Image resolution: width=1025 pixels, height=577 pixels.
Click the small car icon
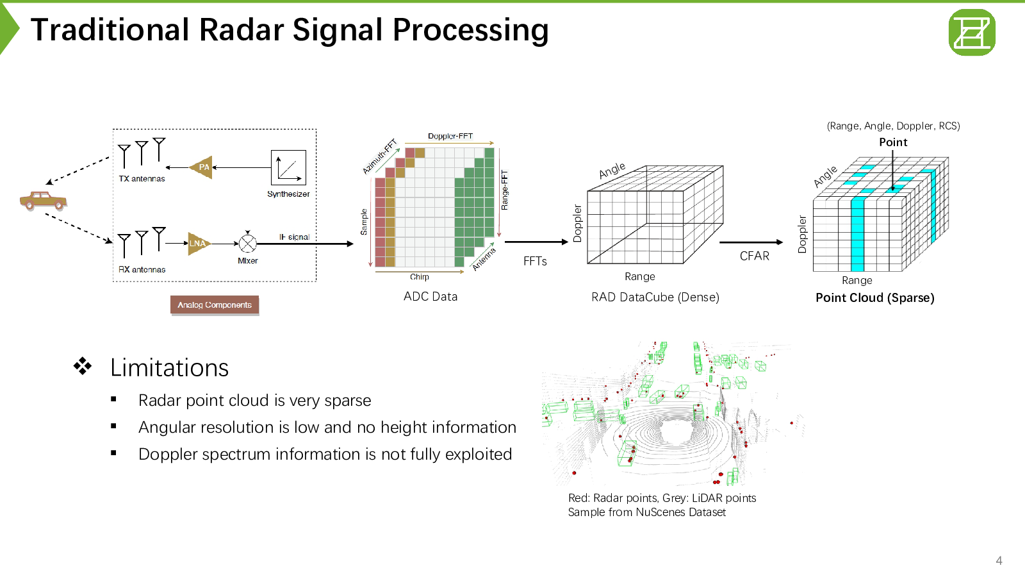pyautogui.click(x=43, y=201)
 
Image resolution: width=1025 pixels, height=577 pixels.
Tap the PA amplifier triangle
pyautogui.click(x=202, y=167)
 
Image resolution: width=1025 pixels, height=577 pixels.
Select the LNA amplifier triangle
pyautogui.click(x=198, y=243)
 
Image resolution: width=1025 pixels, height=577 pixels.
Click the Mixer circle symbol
pyautogui.click(x=247, y=244)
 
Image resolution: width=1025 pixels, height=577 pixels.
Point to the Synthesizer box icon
pyautogui.click(x=288, y=168)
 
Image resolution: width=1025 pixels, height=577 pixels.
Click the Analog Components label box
pyautogui.click(x=215, y=305)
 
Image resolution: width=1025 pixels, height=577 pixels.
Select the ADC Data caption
pyautogui.click(x=430, y=296)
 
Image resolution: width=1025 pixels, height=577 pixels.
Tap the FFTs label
pyautogui.click(x=535, y=261)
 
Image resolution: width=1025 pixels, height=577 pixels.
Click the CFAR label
pyautogui.click(x=754, y=256)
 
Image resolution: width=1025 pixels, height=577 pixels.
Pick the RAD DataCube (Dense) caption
pyautogui.click(x=655, y=297)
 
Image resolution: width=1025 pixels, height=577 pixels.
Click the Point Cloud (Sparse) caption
pyautogui.click(x=874, y=297)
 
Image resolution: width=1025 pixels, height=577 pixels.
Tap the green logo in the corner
pyautogui.click(x=972, y=32)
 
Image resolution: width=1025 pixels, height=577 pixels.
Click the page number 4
pyautogui.click(x=999, y=560)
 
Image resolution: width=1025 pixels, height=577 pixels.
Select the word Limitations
pyautogui.click(x=169, y=367)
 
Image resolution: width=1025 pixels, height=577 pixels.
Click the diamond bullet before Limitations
pyautogui.click(x=82, y=366)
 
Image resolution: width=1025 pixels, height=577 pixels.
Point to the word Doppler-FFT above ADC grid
pyautogui.click(x=450, y=136)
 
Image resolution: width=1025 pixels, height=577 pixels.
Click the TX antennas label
pyautogui.click(x=142, y=179)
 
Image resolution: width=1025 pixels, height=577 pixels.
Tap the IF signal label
pyautogui.click(x=294, y=237)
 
